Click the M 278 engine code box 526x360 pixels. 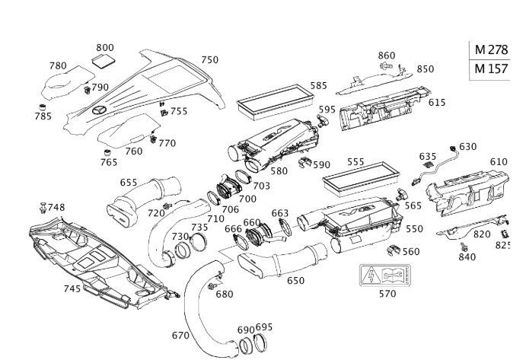[491, 49]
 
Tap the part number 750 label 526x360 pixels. [209, 60]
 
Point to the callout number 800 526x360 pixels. [105, 47]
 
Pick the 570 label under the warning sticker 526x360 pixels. [387, 293]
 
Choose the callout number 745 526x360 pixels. [72, 288]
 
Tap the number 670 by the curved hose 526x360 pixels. [180, 335]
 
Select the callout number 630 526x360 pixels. [467, 147]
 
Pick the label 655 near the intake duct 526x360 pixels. [129, 183]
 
